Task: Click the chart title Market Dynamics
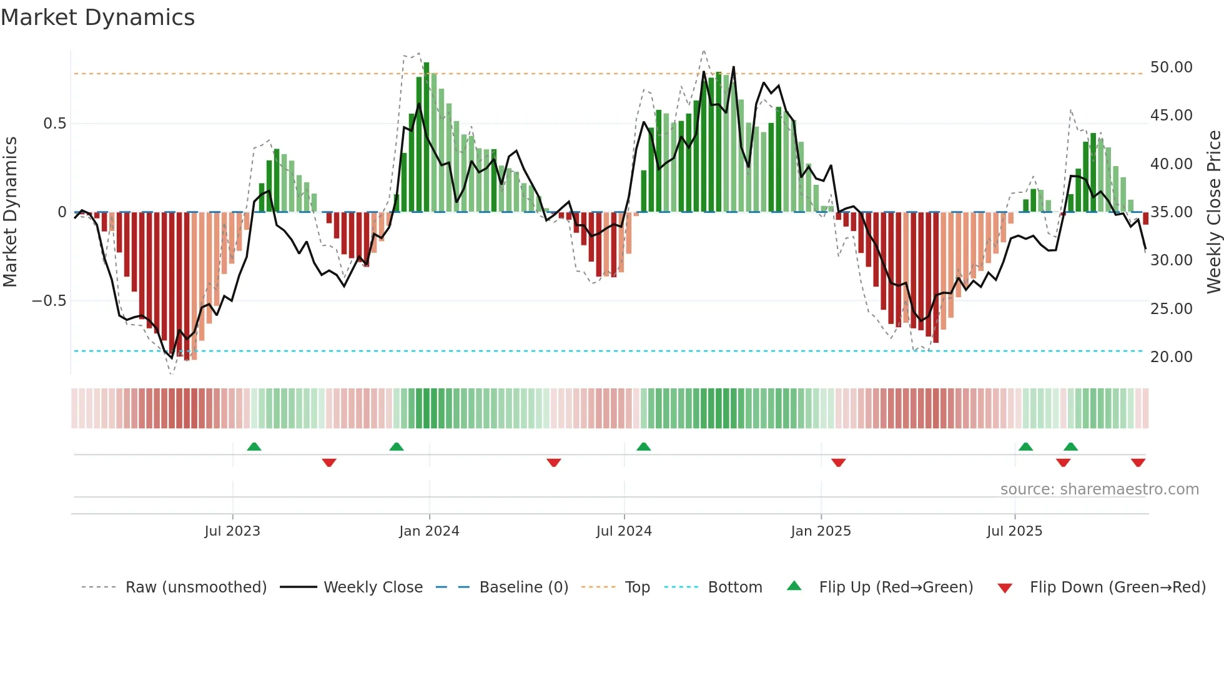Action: [x=97, y=17]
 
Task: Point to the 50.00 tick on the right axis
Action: [x=1171, y=67]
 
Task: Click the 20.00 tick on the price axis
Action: [x=1171, y=357]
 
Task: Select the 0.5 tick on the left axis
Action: [x=54, y=124]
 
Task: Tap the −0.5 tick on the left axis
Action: [x=49, y=301]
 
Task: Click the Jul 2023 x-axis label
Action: [x=232, y=531]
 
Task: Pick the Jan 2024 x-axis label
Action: [x=429, y=531]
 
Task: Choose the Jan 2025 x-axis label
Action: [x=821, y=531]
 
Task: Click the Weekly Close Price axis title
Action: [x=1213, y=212]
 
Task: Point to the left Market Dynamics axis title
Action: [x=10, y=212]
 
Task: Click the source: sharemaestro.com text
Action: [x=1099, y=489]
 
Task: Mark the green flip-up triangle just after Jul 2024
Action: [x=643, y=446]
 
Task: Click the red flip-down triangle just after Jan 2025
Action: [x=838, y=463]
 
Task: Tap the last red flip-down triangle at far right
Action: [x=1138, y=463]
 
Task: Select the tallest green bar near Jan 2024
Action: [x=427, y=137]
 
